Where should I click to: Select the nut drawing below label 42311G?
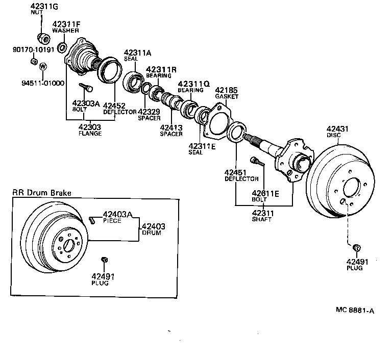point(42,38)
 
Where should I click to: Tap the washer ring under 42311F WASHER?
point(61,48)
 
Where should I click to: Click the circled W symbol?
point(43,67)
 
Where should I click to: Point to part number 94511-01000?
point(43,83)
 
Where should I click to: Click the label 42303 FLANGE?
point(89,130)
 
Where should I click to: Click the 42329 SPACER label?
point(149,115)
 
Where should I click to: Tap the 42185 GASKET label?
point(227,93)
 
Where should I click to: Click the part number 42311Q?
point(193,84)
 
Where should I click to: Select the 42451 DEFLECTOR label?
point(236,175)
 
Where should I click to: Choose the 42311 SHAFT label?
point(262,216)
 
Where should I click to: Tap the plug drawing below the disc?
point(357,248)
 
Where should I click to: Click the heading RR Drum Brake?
point(42,193)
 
